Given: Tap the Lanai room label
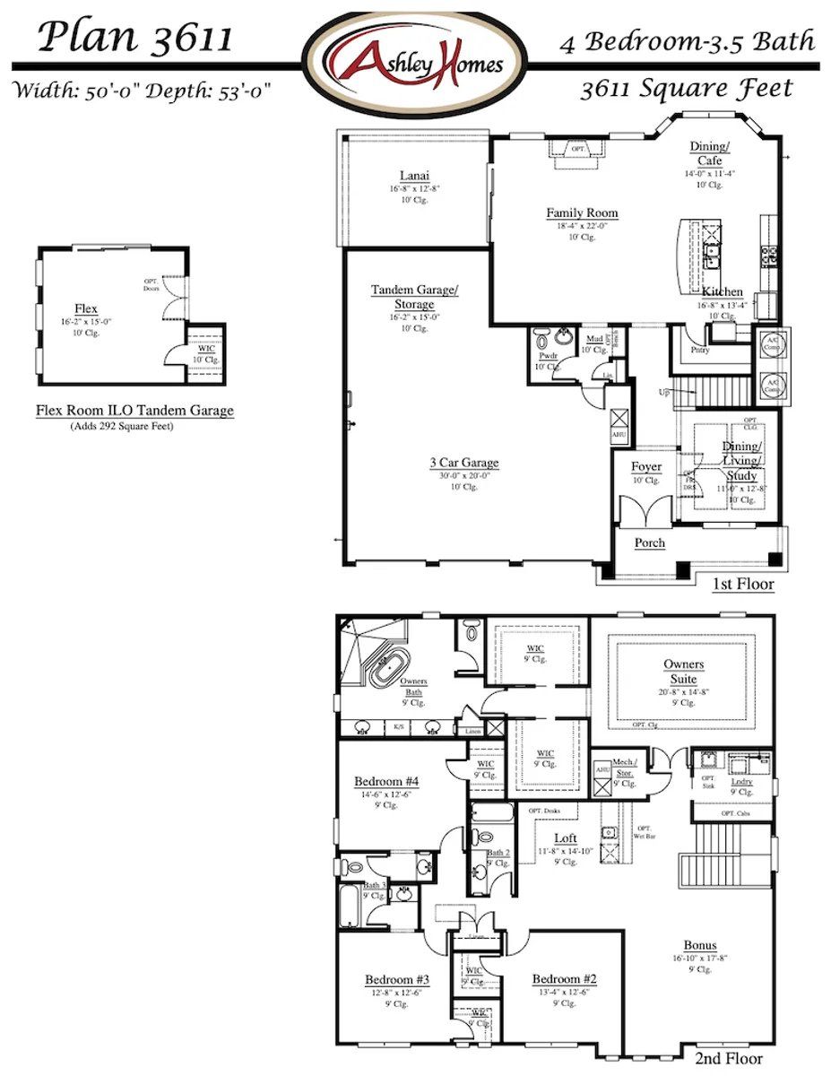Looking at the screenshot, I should pos(414,176).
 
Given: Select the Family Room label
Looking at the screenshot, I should pos(582,213).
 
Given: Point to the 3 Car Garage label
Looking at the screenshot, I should pos(463,463).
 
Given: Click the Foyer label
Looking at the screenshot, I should pos(645,467).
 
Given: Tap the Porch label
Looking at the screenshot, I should pos(650,542).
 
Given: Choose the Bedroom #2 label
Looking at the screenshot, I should pos(564,979).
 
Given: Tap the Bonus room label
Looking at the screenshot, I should pos(700,945).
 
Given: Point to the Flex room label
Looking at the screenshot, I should pos(86,308).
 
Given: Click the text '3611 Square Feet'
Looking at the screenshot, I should pos(686,88).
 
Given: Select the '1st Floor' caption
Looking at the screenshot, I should pos(743,585).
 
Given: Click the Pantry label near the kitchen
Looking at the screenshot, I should pos(698,350).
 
